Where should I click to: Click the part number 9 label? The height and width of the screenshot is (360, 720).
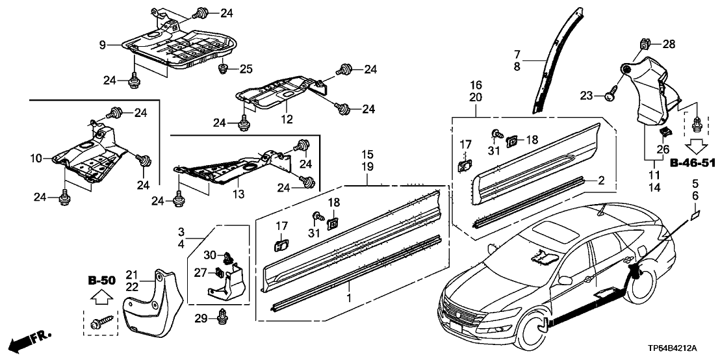[x=102, y=44]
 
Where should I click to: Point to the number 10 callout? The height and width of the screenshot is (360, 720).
[x=35, y=158]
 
